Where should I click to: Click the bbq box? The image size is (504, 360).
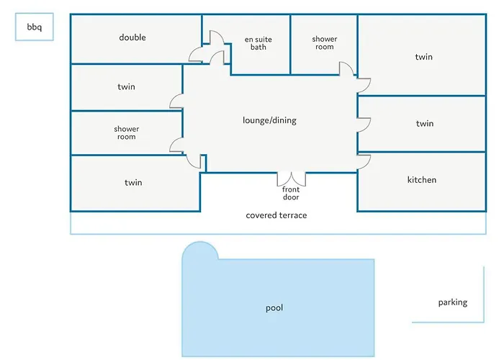[x=35, y=28]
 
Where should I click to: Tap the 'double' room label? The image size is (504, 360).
[x=132, y=37]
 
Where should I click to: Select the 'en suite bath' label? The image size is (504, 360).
[x=258, y=43]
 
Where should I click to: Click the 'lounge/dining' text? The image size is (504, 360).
[x=269, y=120]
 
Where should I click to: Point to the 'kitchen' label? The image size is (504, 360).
[x=422, y=179]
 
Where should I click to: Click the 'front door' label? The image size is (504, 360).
[x=291, y=193]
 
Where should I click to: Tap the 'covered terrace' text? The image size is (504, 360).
[x=276, y=215]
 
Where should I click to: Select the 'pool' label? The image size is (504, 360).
[x=274, y=308]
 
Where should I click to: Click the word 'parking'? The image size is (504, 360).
[x=453, y=302]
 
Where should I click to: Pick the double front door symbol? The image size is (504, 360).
[x=292, y=179]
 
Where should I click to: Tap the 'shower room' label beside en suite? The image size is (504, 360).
[x=325, y=43]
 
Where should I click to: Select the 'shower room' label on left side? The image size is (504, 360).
[x=126, y=132]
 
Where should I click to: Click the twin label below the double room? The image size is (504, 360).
[x=126, y=87]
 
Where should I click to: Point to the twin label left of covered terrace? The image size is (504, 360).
[x=133, y=183]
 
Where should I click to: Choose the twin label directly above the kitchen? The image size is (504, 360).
[x=425, y=124]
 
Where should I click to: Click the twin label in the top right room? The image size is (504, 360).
[x=424, y=57]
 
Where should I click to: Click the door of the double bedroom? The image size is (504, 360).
[x=197, y=54]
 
